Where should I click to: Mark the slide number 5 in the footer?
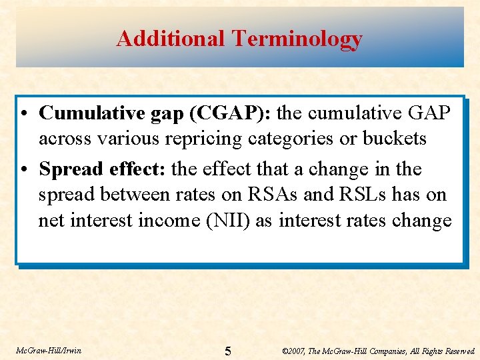pos(228,351)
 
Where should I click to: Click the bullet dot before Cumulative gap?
pos(23,114)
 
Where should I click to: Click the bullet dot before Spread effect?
pos(23,170)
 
